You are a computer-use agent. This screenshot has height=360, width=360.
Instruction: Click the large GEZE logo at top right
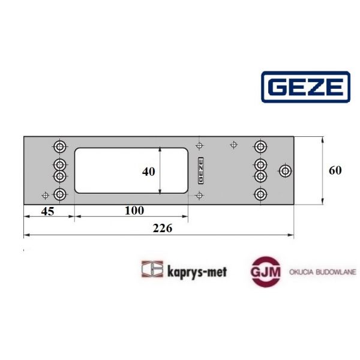pos(305,88)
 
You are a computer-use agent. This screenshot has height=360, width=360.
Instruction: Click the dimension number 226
pos(163,228)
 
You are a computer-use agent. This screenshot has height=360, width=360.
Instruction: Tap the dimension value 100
pos(135,210)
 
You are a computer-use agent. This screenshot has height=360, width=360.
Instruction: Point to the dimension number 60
pos(335,170)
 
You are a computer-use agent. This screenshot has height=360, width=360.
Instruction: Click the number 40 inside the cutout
pos(148,171)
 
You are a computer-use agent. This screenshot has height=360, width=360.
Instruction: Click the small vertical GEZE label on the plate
pos(200,170)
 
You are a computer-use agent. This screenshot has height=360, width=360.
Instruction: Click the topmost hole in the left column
pos(60,146)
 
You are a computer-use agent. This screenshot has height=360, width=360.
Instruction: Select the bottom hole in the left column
pos(60,194)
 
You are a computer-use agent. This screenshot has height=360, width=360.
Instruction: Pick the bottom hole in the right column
pos(260,194)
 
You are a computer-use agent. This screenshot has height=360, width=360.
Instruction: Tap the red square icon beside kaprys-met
pos(152,270)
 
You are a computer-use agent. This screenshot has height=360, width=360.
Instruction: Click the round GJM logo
pos(266,271)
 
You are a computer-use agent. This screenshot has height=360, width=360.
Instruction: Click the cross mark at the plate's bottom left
pos(45,194)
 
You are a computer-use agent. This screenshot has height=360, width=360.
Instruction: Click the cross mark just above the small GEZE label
pos(200,145)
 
